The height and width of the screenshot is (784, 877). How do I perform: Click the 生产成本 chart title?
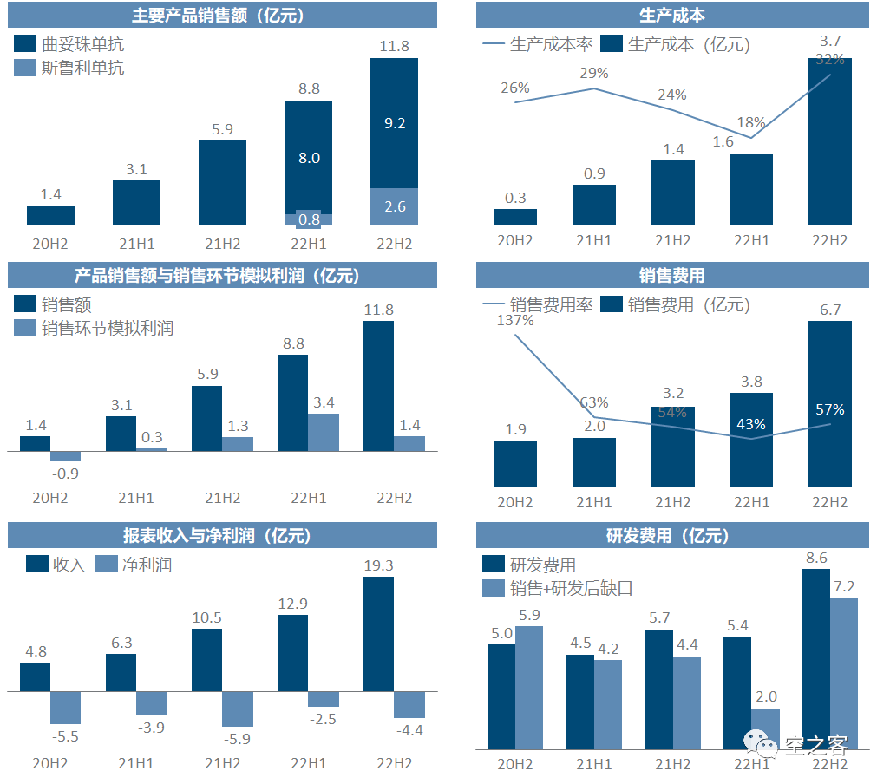pyautogui.click(x=672, y=16)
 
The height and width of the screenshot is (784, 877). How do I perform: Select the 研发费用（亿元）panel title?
pyautogui.click(x=672, y=535)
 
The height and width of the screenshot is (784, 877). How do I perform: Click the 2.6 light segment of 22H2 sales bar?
pyautogui.click(x=394, y=206)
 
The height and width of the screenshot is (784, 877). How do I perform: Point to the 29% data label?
pyautogui.click(x=594, y=74)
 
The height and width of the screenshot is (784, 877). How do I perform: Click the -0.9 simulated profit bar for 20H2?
pyautogui.click(x=65, y=456)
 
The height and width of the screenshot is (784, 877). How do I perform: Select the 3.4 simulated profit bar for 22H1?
pyautogui.click(x=324, y=432)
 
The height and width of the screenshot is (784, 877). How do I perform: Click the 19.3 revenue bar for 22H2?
pyautogui.click(x=378, y=634)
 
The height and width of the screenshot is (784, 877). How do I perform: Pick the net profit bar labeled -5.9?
pyautogui.click(x=237, y=709)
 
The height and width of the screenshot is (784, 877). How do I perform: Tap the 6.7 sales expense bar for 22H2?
pyautogui.click(x=830, y=403)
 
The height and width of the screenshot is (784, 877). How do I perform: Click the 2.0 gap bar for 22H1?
pyautogui.click(x=765, y=728)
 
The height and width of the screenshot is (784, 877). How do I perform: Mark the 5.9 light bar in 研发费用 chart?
pyautogui.click(x=529, y=687)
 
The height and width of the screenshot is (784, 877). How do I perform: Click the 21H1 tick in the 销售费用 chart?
pyautogui.click(x=594, y=503)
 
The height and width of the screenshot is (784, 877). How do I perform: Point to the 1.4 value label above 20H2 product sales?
pyautogui.click(x=50, y=194)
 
